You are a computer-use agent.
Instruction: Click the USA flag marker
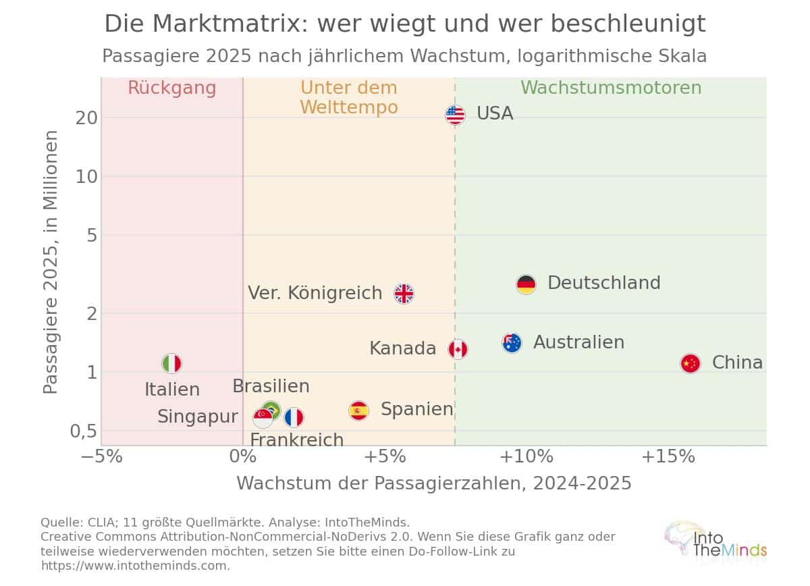[x=455, y=115]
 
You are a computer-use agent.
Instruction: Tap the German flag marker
[x=526, y=284]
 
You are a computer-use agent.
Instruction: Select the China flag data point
[x=691, y=363]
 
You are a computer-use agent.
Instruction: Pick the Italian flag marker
[x=171, y=363]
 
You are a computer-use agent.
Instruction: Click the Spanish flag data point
[x=358, y=411]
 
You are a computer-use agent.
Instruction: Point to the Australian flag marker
[x=512, y=343]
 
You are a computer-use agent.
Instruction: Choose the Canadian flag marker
[x=458, y=350]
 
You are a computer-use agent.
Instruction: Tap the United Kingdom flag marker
[x=404, y=294]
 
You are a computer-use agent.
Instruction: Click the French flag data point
[x=294, y=418]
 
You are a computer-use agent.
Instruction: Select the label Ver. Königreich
[x=315, y=292]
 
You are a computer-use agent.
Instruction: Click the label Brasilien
[x=271, y=386]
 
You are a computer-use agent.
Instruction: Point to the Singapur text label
[x=198, y=417]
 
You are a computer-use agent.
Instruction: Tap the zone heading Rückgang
[x=172, y=88]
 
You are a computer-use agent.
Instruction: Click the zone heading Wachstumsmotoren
[x=611, y=88]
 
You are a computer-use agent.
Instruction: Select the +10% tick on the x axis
[x=526, y=456]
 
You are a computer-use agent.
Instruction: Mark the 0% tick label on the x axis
[x=243, y=456]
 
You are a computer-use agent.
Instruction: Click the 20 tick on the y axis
[x=86, y=118]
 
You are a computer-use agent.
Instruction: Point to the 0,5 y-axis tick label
[x=84, y=431]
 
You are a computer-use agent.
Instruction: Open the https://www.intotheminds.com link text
[x=135, y=566]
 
